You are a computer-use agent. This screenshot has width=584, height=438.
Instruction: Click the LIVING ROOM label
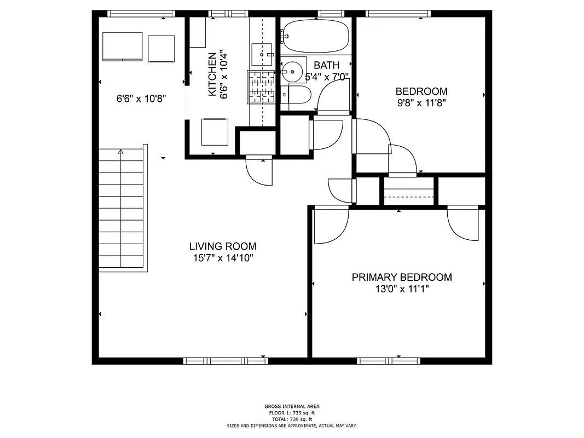click(222, 246)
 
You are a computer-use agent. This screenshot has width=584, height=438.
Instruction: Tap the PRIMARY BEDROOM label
click(402, 277)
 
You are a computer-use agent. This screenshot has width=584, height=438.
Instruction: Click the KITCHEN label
click(211, 74)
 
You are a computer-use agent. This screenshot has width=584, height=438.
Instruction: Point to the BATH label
click(326, 65)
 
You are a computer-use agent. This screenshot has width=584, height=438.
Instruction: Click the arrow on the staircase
click(121, 153)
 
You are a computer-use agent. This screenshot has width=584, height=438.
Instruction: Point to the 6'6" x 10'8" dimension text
click(141, 99)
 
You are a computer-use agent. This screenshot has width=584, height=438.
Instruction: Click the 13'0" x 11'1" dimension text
click(402, 289)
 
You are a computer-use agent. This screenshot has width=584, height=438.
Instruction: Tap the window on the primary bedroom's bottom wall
click(389, 361)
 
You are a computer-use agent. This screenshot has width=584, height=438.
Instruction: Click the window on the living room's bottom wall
click(225, 361)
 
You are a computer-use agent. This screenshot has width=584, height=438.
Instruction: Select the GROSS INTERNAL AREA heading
click(292, 406)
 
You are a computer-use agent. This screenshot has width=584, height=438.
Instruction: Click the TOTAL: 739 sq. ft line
click(292, 419)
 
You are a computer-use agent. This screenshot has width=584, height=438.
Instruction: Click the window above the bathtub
click(327, 13)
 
